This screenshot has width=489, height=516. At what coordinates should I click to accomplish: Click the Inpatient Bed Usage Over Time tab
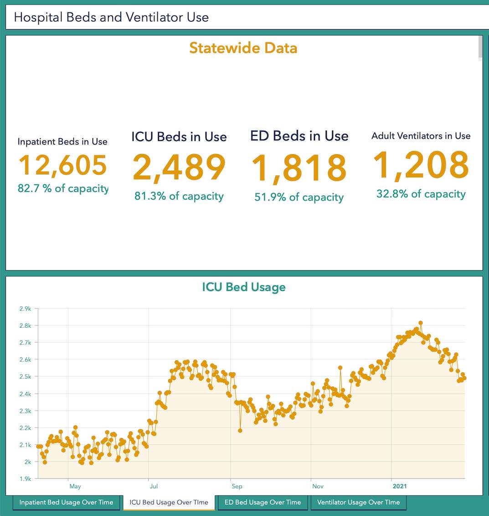[66, 502]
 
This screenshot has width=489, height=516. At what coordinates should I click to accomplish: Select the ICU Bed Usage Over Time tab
[169, 502]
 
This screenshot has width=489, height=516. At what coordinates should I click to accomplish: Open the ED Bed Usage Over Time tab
[263, 502]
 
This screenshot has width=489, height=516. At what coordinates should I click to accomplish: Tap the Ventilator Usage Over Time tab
[358, 502]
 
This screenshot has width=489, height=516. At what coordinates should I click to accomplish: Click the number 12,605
[63, 165]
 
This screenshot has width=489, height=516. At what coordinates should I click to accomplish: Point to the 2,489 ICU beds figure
[179, 167]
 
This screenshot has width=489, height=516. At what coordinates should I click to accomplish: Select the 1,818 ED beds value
[299, 168]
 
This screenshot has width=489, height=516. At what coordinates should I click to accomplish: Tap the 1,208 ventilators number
[421, 165]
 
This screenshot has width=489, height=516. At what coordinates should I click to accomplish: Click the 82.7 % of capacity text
[63, 188]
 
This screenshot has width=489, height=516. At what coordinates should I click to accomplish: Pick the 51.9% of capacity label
[299, 197]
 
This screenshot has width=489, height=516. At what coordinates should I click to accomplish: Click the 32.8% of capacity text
[421, 194]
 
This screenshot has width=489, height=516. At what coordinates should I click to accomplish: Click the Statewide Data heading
[243, 48]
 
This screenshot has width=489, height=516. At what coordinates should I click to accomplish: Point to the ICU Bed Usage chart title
[244, 287]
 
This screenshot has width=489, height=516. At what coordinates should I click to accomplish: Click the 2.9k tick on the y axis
[25, 309]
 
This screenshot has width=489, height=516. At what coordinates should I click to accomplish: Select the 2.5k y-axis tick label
[25, 377]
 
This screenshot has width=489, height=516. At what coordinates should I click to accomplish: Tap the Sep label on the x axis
[237, 486]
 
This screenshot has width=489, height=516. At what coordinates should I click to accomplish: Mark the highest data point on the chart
[421, 323]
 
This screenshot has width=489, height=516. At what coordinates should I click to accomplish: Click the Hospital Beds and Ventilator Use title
[111, 17]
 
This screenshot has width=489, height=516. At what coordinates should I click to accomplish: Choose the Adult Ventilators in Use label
[421, 136]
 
